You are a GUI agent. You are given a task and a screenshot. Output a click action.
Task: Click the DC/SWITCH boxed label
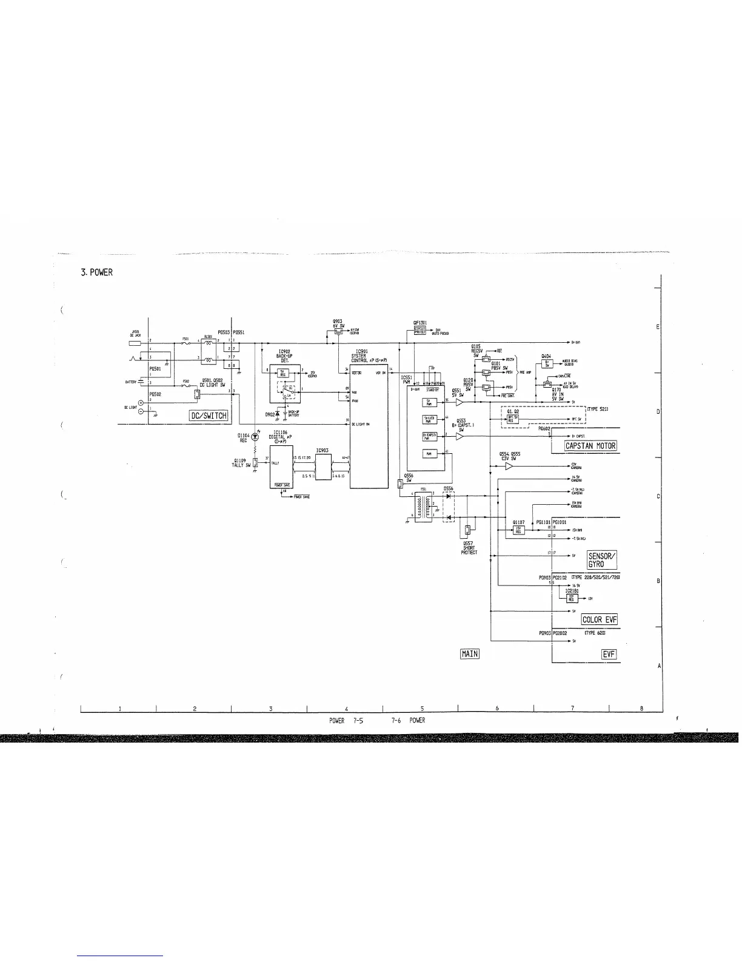pyautogui.click(x=208, y=415)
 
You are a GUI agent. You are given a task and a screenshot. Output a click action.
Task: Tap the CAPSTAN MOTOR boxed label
pyautogui.click(x=590, y=446)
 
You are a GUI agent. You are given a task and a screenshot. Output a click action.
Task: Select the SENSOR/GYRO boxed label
pyautogui.click(x=601, y=559)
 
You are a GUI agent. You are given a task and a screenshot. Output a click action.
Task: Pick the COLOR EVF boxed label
pyautogui.click(x=599, y=619)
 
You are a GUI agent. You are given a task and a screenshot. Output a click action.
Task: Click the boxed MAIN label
pyautogui.click(x=469, y=653)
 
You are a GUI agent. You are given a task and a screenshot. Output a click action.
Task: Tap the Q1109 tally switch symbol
pyautogui.click(x=256, y=463)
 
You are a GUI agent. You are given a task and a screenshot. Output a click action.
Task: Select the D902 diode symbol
pyautogui.click(x=278, y=414)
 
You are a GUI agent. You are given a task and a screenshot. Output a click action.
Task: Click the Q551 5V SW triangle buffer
pyautogui.click(x=460, y=402)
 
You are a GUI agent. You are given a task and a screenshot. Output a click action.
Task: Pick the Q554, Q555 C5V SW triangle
pyautogui.click(x=509, y=466)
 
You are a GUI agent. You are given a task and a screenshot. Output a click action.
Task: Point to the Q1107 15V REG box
pyautogui.click(x=518, y=530)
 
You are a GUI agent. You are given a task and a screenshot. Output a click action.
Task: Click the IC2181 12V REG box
pyautogui.click(x=571, y=598)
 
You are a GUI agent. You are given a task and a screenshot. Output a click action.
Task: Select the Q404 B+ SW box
pyautogui.click(x=547, y=364)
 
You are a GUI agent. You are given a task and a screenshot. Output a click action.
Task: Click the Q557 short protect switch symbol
pyautogui.click(x=467, y=530)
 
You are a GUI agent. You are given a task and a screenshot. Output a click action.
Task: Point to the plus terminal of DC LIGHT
pyautogui.click(x=141, y=402)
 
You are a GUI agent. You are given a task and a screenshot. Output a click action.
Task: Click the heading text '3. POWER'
pyautogui.click(x=97, y=272)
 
